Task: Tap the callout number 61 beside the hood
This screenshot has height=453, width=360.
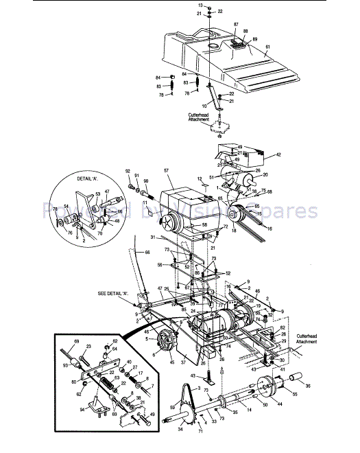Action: [x=267, y=47]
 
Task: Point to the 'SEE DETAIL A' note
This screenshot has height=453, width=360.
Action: [x=112, y=293]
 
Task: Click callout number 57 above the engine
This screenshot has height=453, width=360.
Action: [x=166, y=169]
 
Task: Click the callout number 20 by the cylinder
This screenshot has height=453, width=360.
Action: [x=247, y=175]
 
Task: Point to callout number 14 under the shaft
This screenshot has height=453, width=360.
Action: [x=248, y=410]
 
